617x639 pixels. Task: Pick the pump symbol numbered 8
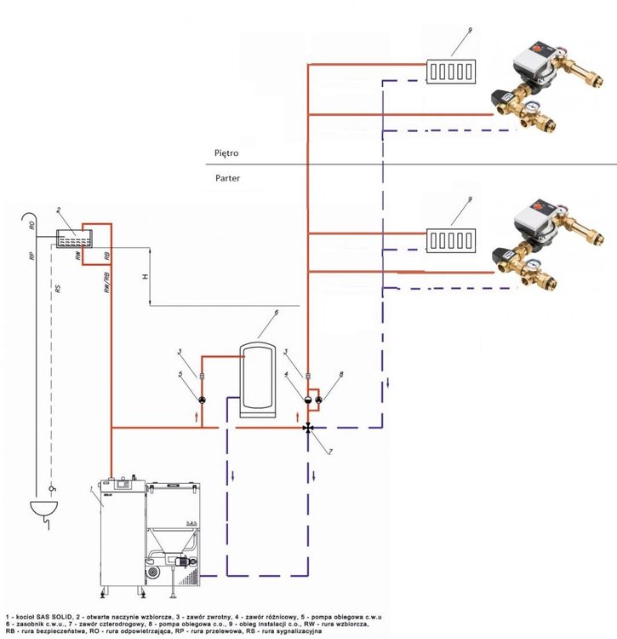[x=317, y=398]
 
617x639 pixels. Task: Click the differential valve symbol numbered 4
[x=307, y=398]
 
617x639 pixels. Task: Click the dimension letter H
[x=146, y=276]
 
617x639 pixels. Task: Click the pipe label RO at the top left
[x=31, y=227]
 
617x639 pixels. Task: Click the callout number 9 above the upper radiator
[x=468, y=31]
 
